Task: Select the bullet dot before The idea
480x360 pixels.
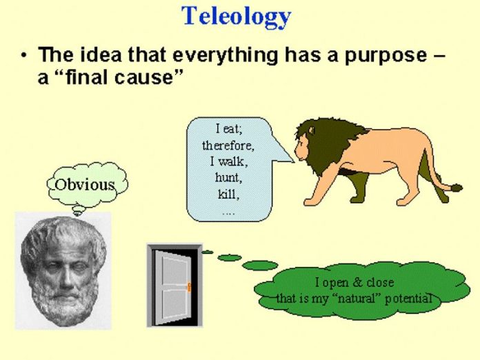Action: [25, 55]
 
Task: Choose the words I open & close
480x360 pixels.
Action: [354, 283]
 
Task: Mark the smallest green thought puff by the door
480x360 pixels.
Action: [208, 252]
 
